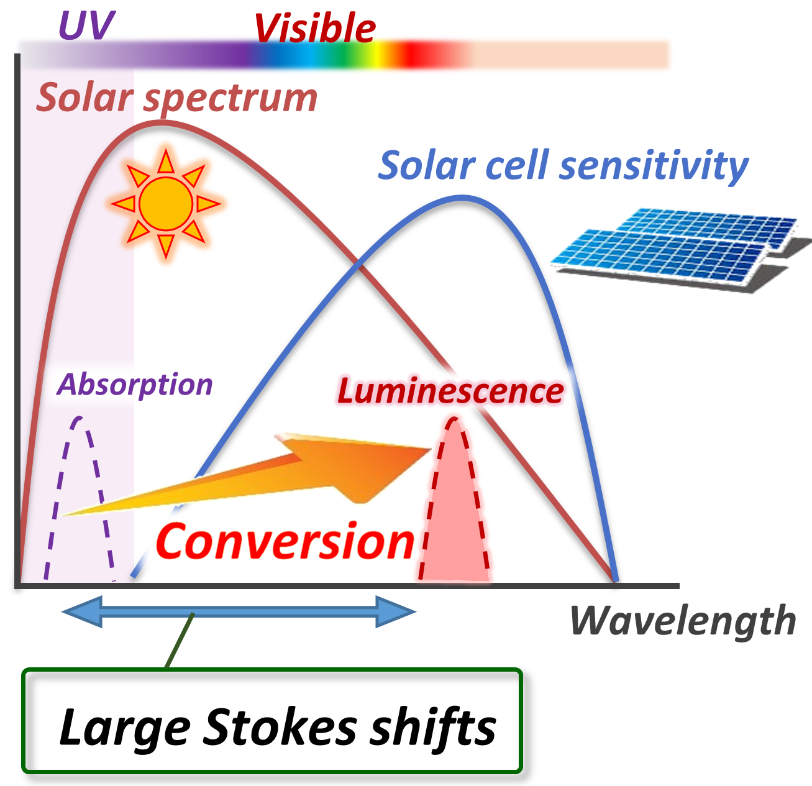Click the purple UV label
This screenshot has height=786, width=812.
tap(86, 25)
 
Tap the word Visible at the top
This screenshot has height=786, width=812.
tap(315, 29)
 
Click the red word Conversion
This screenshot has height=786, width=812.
tap(285, 541)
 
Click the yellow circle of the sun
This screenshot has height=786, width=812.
tap(166, 204)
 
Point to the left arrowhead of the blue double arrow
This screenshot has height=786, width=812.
tap(82, 612)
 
